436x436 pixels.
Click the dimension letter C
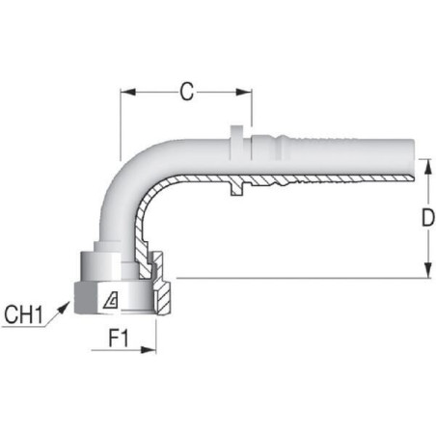coord(187,92)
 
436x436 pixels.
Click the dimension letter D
coord(427,218)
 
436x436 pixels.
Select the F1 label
coord(119,339)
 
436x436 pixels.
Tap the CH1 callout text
coord(23,314)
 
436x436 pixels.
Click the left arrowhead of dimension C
coord(128,93)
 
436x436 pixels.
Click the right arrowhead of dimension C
coord(244,93)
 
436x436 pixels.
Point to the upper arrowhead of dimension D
coord(427,167)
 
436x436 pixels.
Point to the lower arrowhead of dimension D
coord(427,270)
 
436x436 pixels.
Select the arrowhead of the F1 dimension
coord(149,350)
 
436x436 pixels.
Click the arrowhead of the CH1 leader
coord(64,307)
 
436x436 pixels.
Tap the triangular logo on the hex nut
coord(111,300)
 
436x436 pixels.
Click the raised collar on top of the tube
coord(237,142)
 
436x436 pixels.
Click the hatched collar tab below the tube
coord(237,189)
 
